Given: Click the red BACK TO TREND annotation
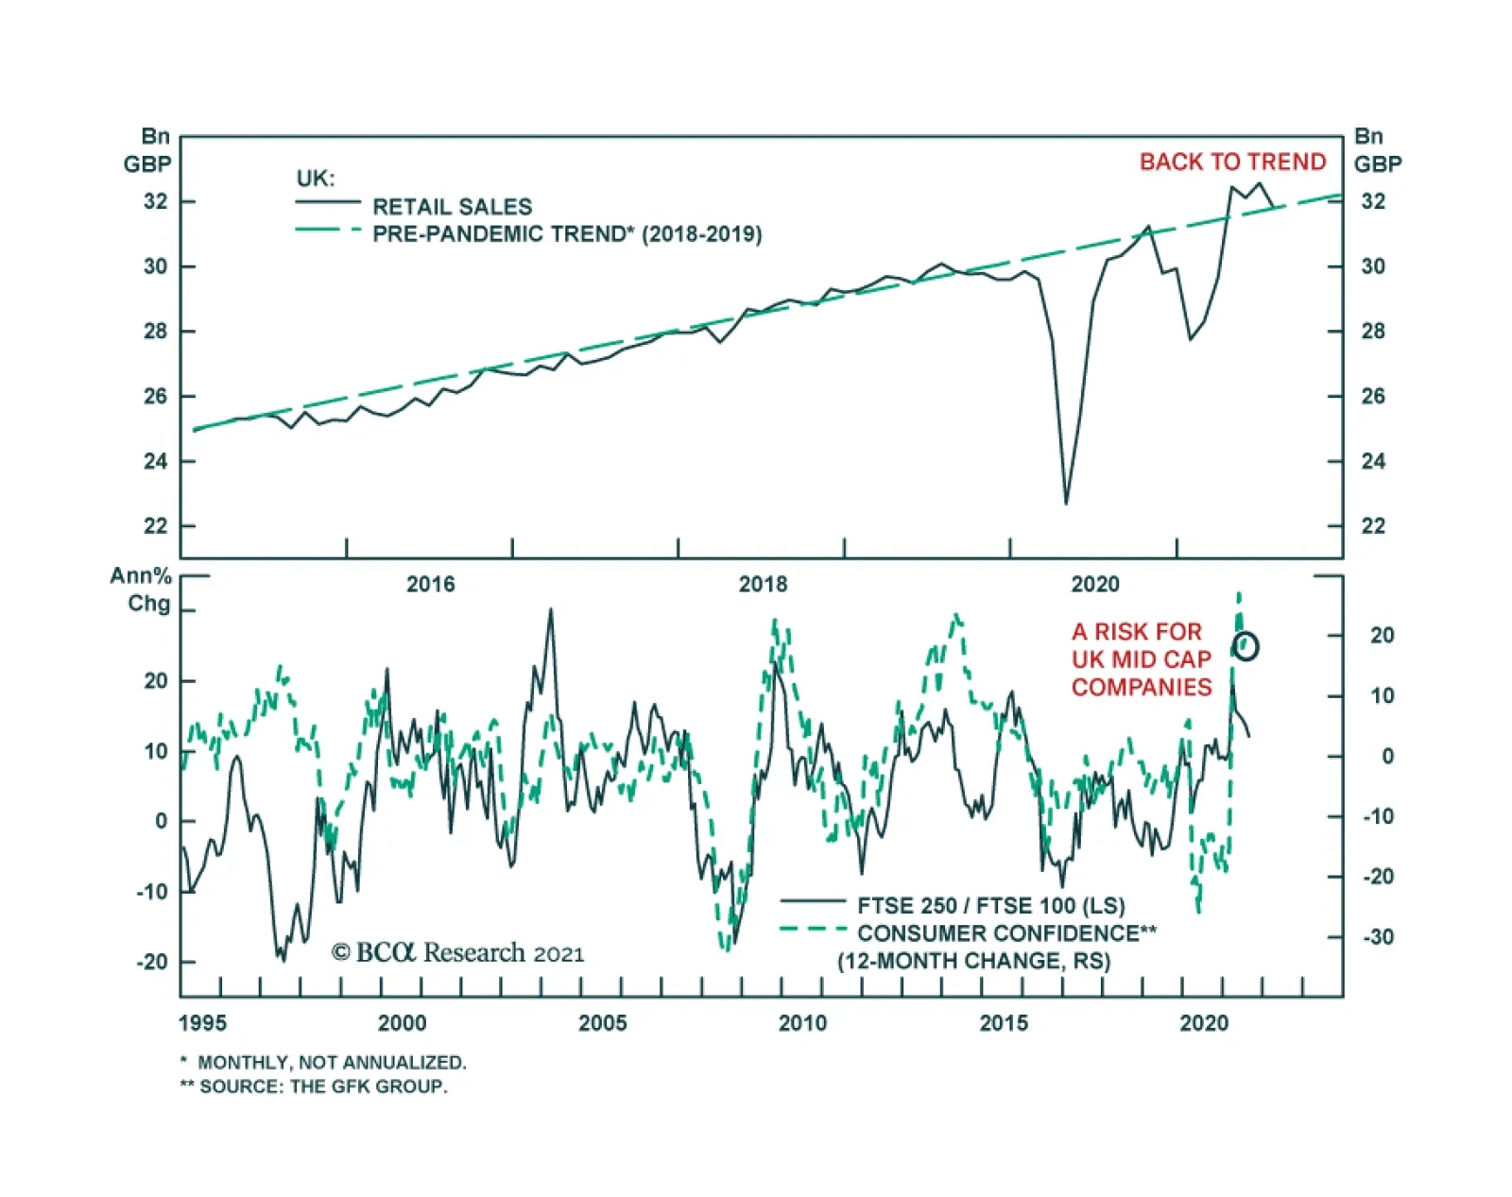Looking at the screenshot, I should point(1232,162).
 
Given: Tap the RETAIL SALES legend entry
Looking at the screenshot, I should point(452,207).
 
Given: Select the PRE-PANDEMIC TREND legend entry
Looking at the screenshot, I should point(566,234).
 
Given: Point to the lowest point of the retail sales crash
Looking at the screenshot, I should point(1066,504).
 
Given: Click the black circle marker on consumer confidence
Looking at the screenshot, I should point(1246,646).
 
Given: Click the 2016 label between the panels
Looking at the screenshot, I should point(430,585).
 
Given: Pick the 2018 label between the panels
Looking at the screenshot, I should point(763,585).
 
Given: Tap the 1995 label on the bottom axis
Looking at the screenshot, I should point(202,1023).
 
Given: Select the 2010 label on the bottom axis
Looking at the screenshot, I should point(802,1023).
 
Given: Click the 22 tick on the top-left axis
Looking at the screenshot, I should point(156,526).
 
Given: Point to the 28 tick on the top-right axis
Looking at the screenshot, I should point(1373,332).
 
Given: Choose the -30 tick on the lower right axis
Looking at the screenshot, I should point(1379,937).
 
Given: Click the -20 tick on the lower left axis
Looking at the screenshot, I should point(152,963).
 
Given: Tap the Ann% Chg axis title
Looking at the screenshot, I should point(142,590).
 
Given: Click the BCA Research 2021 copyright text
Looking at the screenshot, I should point(457,952).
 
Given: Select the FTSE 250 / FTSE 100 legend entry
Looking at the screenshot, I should point(990,906).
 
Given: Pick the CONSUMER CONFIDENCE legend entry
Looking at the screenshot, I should point(1006,933).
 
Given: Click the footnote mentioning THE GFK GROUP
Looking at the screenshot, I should point(314,1086).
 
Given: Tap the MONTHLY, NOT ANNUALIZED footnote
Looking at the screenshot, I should point(323,1063).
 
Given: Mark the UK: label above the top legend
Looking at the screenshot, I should point(316,179).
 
